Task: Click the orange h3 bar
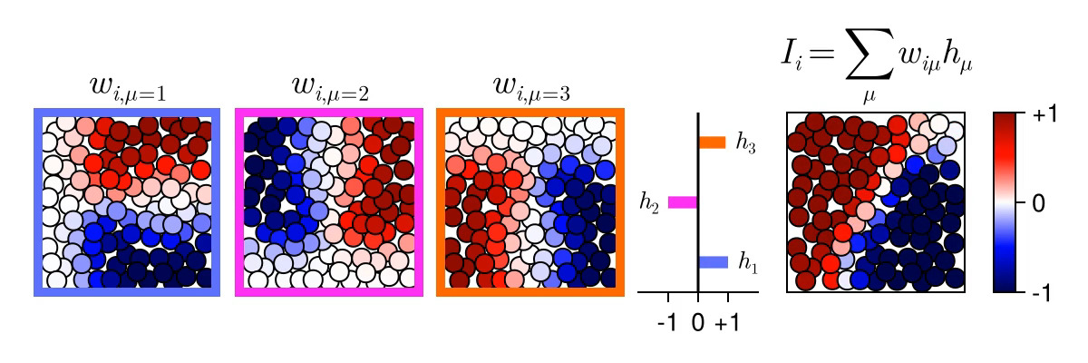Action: [712, 142]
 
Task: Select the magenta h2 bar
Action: [683, 202]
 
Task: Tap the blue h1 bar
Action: [713, 262]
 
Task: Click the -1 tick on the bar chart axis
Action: [668, 322]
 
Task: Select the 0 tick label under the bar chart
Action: [698, 322]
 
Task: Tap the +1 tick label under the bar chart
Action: [727, 322]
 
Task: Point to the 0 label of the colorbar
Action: [1038, 203]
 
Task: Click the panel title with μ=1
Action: [127, 88]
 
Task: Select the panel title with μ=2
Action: [329, 88]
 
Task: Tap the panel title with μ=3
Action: [530, 88]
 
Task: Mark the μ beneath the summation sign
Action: [869, 93]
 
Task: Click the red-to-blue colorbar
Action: [1008, 202]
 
